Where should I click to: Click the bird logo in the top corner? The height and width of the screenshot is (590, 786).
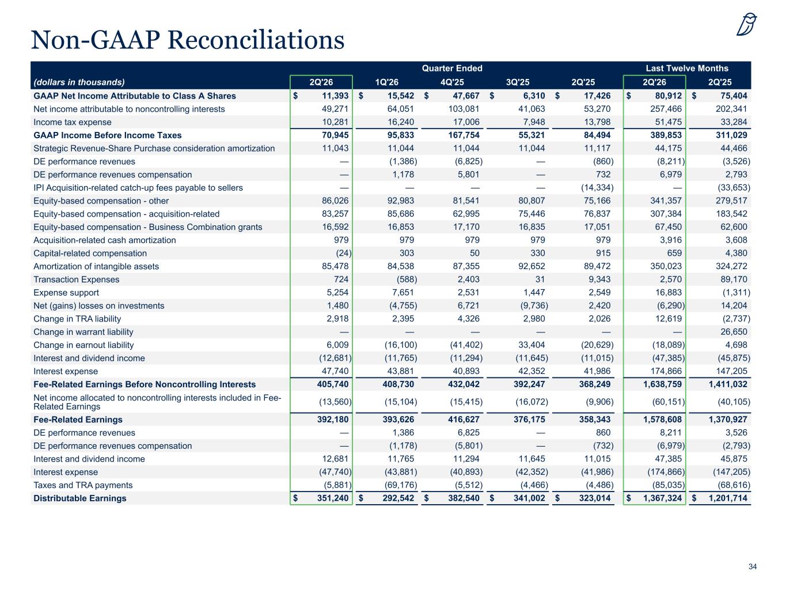point(746,24)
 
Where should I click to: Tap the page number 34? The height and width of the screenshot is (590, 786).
point(753,566)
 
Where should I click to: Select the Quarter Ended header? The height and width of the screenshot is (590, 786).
point(452,68)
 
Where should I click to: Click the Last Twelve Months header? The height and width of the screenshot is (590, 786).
point(687,68)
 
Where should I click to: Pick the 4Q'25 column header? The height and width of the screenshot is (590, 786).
point(452,82)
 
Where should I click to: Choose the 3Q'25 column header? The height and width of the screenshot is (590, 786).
point(518,82)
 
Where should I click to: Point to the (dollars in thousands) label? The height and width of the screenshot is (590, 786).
point(79,82)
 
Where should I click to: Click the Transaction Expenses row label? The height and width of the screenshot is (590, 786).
point(76,279)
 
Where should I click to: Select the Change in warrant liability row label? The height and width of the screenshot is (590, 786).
point(83,332)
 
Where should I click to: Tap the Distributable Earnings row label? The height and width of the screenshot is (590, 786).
point(80,498)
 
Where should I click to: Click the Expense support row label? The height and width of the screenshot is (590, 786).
point(66,293)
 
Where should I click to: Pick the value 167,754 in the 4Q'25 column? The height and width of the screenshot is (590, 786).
point(464,135)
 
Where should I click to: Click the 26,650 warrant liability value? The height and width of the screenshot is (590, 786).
point(734,332)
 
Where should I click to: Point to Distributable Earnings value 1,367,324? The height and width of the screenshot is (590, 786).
point(662,498)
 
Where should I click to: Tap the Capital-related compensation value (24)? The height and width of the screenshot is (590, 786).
point(343,254)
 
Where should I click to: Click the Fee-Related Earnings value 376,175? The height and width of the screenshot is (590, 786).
point(529,419)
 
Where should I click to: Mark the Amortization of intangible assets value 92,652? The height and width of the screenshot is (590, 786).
point(531,266)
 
